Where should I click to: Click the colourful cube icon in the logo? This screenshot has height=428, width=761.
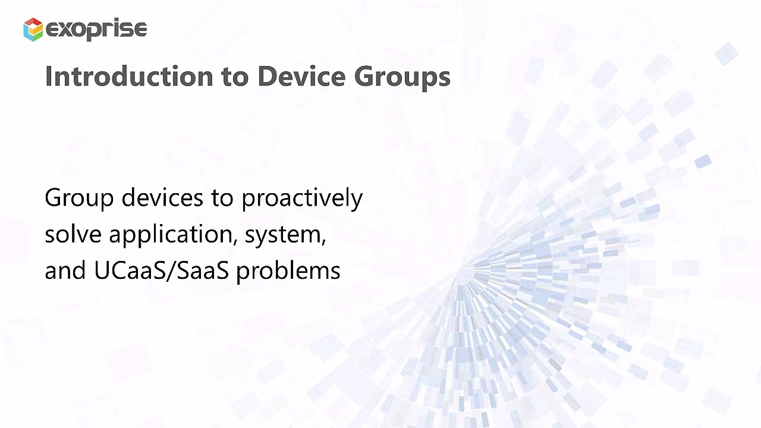pyautogui.click(x=33, y=29)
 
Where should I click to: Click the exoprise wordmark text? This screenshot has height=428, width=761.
pyautogui.click(x=96, y=29)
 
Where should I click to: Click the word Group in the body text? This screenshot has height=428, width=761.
pyautogui.click(x=78, y=198)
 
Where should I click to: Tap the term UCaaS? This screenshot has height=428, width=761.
pyautogui.click(x=131, y=270)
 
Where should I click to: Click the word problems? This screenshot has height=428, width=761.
pyautogui.click(x=288, y=271)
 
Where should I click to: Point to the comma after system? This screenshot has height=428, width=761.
pyautogui.click(x=324, y=241)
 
